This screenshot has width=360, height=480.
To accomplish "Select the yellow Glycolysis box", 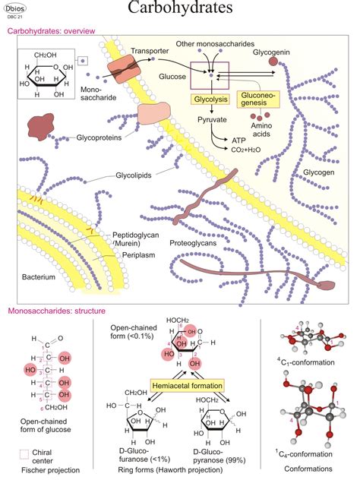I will click(x=207, y=98).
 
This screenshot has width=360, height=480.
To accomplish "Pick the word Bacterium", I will click(x=39, y=277).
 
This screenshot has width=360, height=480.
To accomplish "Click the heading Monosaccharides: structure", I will click(x=56, y=311).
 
